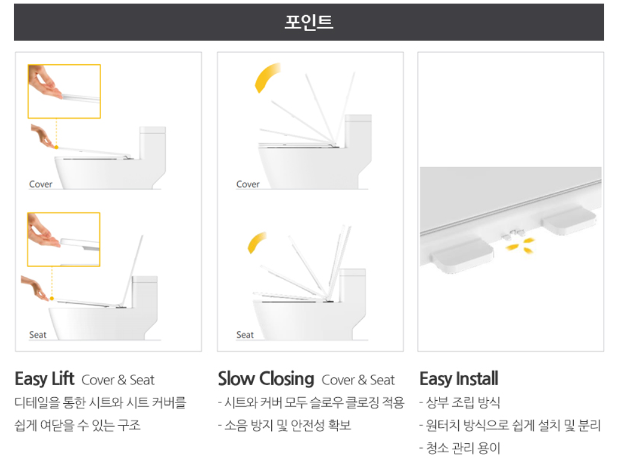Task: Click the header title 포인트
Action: click(309, 22)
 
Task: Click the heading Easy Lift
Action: click(45, 379)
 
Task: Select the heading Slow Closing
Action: click(266, 379)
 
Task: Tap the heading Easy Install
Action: click(459, 379)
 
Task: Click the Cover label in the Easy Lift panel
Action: click(41, 184)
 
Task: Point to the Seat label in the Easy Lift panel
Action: click(38, 335)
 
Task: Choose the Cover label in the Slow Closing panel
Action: click(248, 184)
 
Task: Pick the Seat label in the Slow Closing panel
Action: click(245, 335)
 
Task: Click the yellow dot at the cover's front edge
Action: click(56, 147)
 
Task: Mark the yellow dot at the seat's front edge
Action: click(51, 298)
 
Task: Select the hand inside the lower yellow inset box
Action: click(44, 232)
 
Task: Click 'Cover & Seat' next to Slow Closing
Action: click(358, 380)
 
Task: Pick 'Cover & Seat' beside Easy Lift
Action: click(118, 380)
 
